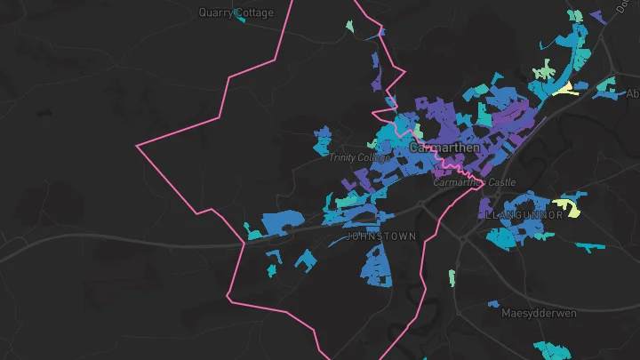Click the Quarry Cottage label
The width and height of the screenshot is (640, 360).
coord(236,12)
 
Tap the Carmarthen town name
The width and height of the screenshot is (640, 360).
coord(444,147)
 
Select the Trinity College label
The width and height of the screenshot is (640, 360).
coord(359,157)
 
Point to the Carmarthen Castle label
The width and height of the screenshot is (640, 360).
coord(474,182)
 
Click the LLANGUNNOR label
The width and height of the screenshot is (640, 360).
coord(525,215)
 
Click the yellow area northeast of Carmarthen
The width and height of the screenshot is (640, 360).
coord(565,87)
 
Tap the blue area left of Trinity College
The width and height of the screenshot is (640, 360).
coord(322,141)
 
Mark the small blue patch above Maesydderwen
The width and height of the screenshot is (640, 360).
coord(493,304)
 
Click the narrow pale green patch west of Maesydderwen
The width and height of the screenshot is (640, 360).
coord(452,277)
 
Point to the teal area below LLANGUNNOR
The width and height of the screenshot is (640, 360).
coord(503,237)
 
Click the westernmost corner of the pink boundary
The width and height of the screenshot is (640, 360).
coord(136,143)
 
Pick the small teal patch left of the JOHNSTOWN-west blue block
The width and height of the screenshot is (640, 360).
coord(254,235)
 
